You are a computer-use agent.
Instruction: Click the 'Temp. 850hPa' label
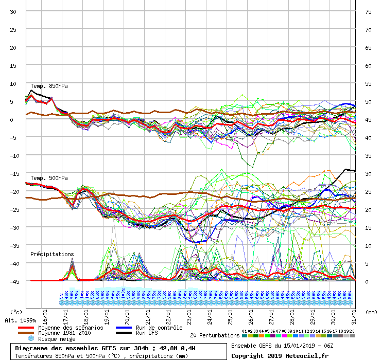click(x=49, y=86)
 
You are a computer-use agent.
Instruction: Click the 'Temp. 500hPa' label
click(x=49, y=178)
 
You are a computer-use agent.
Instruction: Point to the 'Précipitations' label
click(x=52, y=254)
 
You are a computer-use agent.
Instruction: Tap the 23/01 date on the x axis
click(x=189, y=314)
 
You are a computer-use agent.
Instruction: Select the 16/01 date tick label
click(x=45, y=314)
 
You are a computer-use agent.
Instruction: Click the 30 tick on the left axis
click(x=14, y=11)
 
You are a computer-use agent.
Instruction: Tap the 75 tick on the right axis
click(x=368, y=11)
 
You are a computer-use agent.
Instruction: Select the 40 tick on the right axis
click(x=368, y=137)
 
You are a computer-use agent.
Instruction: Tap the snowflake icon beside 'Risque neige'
click(x=30, y=339)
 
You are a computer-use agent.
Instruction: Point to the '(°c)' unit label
click(x=16, y=312)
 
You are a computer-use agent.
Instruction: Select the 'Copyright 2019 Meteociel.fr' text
click(x=279, y=355)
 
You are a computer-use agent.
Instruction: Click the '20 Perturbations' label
click(x=215, y=335)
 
